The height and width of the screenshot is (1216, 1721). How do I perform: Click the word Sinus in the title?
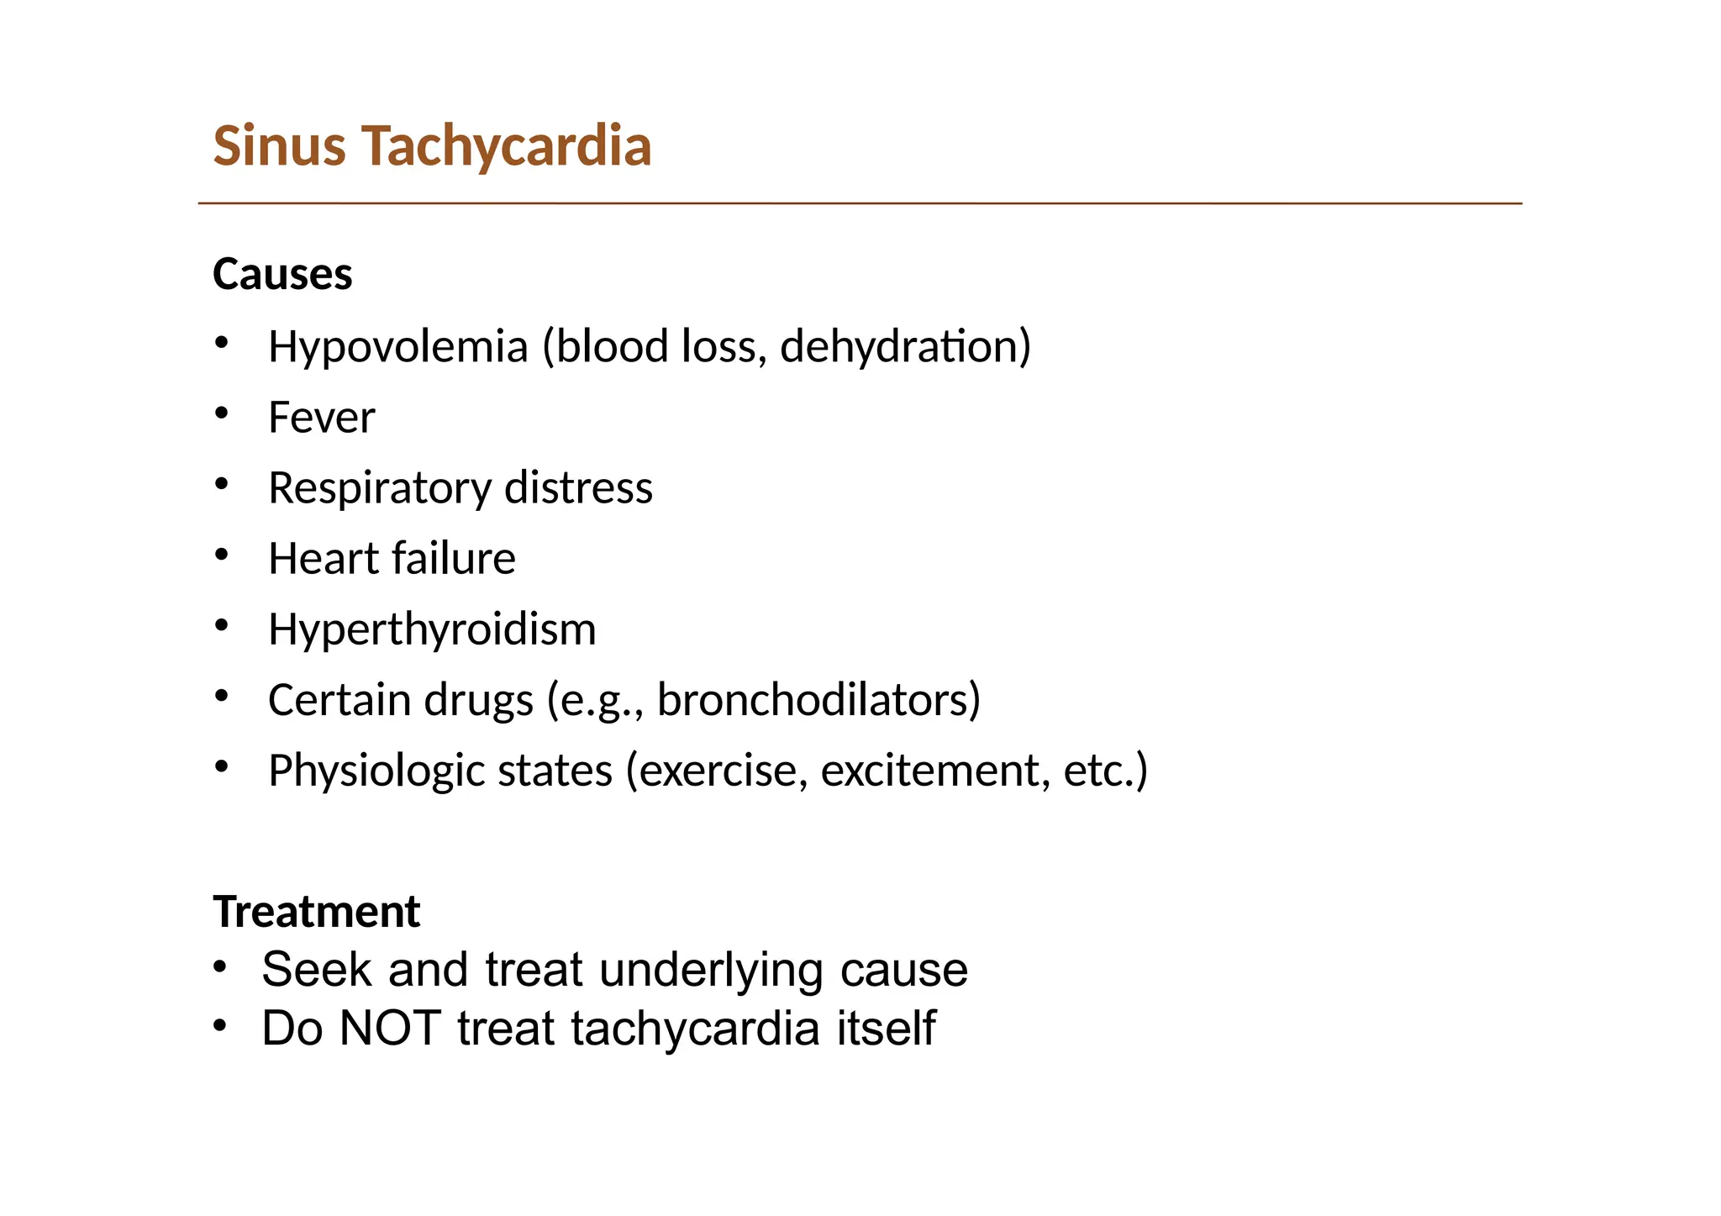[279, 146]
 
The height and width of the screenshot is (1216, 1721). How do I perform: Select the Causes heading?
[282, 274]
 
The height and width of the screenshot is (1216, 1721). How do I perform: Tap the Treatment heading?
[316, 912]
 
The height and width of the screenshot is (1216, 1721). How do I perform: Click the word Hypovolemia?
[397, 347]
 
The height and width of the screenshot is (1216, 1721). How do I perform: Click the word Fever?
[321, 418]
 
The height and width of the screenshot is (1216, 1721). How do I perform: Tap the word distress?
[578, 487]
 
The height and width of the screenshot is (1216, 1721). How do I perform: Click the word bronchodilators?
[818, 699]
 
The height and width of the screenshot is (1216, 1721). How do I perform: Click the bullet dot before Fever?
[221, 413]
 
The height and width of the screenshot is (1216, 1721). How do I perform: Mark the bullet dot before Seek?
[220, 966]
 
